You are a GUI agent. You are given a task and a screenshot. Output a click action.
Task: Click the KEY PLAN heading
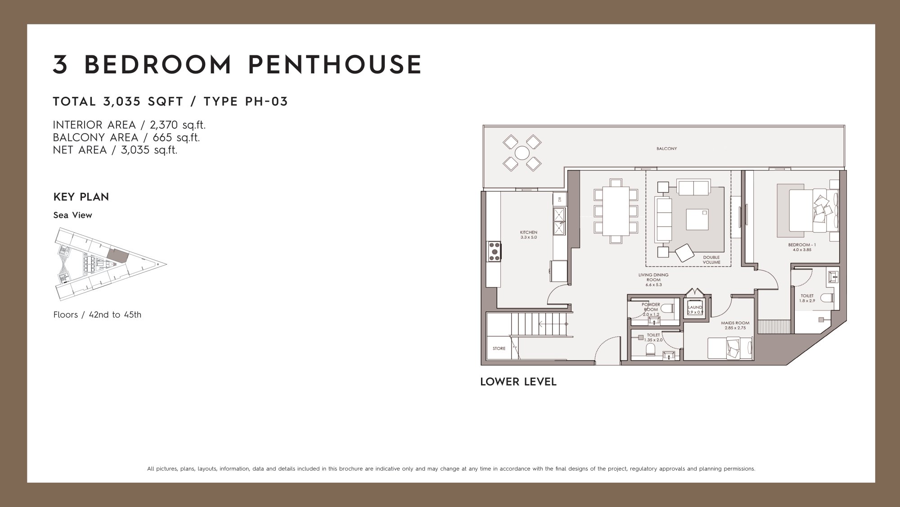[81, 197]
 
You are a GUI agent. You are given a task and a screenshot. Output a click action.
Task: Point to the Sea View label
[72, 215]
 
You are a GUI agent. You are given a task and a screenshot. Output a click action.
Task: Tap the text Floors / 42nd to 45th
[97, 315]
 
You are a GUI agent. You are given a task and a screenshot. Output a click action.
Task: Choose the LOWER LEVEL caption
[518, 382]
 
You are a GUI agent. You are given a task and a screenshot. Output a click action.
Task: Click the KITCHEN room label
[529, 232]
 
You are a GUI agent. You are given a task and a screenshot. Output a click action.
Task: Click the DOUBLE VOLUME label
[711, 260]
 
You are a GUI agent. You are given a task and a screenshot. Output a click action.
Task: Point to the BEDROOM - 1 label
[802, 245]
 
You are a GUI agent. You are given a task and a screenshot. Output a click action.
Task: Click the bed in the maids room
[730, 349]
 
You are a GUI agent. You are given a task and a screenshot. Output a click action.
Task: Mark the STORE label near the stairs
[499, 349]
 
